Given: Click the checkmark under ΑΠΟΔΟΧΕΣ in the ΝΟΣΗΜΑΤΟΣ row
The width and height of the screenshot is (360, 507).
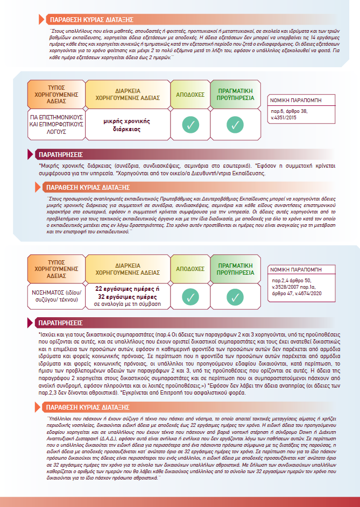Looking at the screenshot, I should click(190, 296).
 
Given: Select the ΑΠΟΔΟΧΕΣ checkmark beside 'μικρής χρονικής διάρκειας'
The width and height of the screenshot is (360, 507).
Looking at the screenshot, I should click(190, 125).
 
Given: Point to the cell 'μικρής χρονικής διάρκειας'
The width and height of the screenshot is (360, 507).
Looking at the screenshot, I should click(127, 125).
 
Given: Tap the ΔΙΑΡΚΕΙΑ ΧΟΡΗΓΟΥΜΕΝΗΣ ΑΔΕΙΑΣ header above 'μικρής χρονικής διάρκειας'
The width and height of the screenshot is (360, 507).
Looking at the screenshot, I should click(127, 95).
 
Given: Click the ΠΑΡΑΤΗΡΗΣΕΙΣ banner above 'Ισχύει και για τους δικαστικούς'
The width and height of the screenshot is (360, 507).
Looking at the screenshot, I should click(60, 324).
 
